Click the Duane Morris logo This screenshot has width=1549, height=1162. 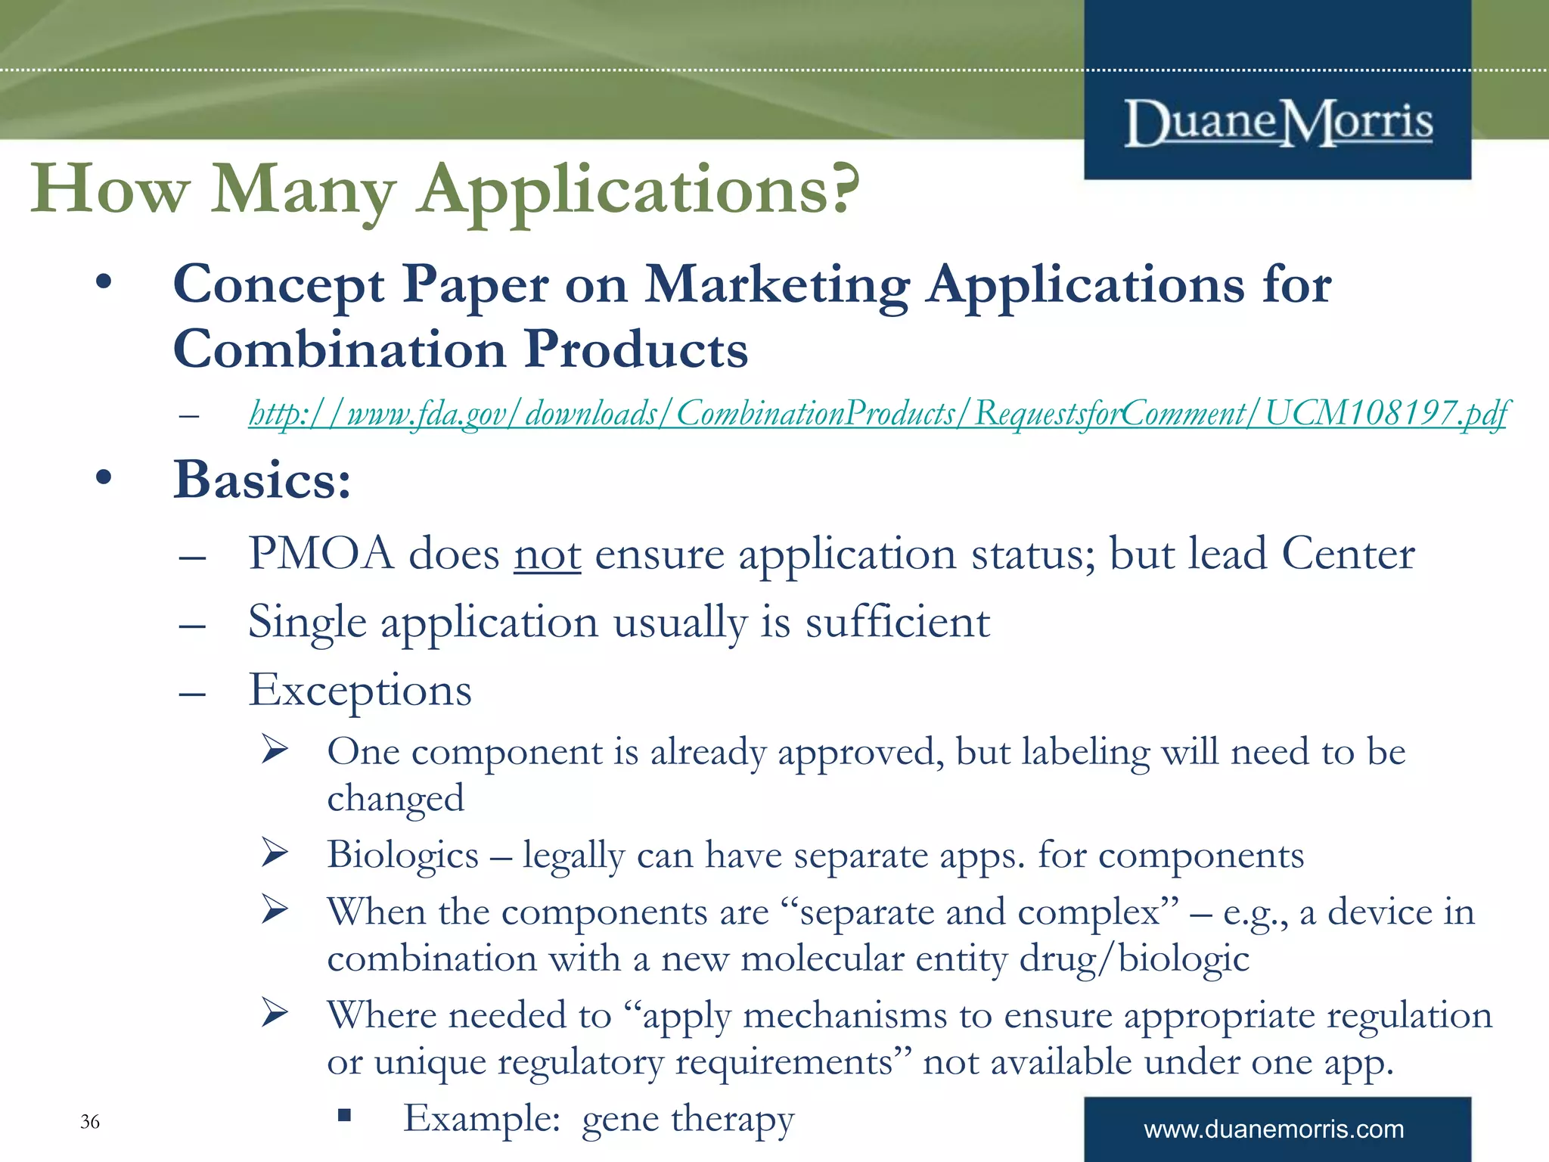point(1278,123)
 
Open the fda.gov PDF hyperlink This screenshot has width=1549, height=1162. point(877,414)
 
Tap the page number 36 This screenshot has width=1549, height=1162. point(90,1121)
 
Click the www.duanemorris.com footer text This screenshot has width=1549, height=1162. point(1274,1129)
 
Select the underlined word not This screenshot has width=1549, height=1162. point(548,555)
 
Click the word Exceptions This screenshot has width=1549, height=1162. point(360,691)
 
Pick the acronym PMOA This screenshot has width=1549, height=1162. point(321,554)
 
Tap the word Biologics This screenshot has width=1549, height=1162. point(402,855)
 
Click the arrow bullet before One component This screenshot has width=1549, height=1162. point(275,750)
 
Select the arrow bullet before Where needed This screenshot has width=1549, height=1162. point(275,1013)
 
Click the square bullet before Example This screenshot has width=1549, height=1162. point(345,1114)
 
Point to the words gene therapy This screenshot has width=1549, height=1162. point(688,1119)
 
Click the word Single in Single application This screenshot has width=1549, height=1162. point(307,623)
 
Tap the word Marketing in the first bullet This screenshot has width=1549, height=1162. point(777,285)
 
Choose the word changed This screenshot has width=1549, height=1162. point(396,799)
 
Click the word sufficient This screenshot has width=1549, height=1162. point(897,623)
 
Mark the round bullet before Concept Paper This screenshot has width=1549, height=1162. point(104,284)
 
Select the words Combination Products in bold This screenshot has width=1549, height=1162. point(461,350)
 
